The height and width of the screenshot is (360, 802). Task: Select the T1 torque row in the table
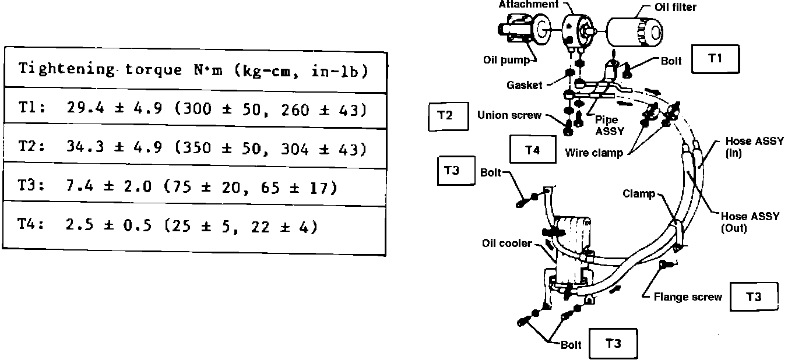(195, 109)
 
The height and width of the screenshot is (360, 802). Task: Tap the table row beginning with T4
(195, 226)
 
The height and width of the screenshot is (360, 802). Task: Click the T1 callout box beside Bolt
(715, 59)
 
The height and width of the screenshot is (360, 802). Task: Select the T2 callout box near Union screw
(448, 115)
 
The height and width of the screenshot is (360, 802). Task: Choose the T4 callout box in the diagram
(532, 150)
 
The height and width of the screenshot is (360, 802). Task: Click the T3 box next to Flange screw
(754, 297)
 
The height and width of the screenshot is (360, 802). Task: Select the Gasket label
(523, 85)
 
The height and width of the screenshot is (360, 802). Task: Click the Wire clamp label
(593, 153)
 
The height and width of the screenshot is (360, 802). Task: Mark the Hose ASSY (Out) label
(750, 222)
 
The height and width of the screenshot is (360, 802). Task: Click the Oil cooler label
(506, 243)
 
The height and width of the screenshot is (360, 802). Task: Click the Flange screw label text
(688, 297)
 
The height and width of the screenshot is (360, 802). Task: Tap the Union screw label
(509, 115)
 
